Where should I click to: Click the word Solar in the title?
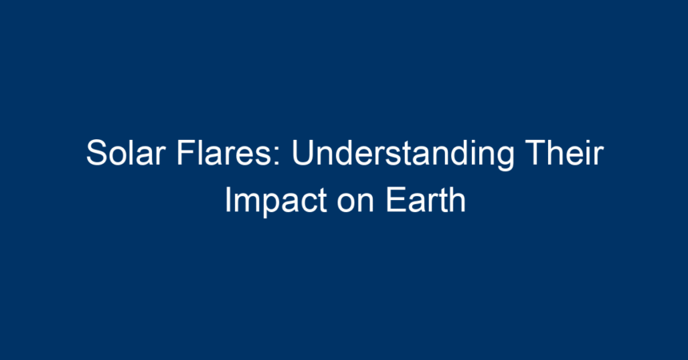(126, 153)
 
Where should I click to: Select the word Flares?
(225, 153)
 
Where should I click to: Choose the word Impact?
(275, 202)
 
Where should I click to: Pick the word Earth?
(425, 200)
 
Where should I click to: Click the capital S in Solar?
(97, 153)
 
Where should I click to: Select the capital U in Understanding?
(302, 153)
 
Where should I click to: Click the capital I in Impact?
(228, 200)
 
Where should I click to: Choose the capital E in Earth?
(396, 200)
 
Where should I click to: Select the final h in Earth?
(456, 200)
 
